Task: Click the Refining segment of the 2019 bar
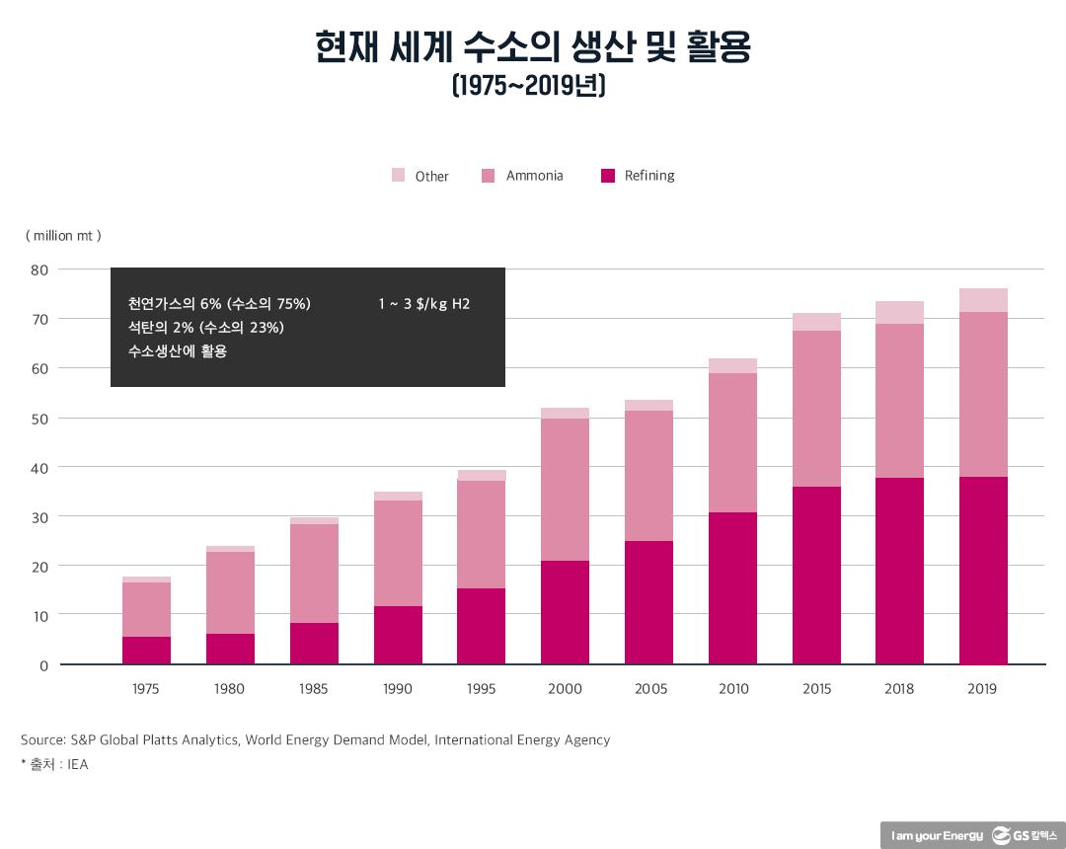point(983,571)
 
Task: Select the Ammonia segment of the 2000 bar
point(565,490)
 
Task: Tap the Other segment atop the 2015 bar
point(816,322)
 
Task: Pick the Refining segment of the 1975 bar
point(146,651)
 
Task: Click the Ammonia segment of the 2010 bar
point(732,442)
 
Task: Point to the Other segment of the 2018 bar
point(899,312)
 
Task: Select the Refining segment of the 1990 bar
point(398,635)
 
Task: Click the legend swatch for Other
point(398,176)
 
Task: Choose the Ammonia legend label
point(534,176)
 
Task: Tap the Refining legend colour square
point(607,176)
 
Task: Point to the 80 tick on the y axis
point(38,270)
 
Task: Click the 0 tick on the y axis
point(43,665)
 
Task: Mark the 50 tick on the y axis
point(38,419)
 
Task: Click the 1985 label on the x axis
point(314,689)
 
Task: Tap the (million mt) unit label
point(63,236)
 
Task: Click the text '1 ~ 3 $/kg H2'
point(423,304)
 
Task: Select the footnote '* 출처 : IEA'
point(54,764)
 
